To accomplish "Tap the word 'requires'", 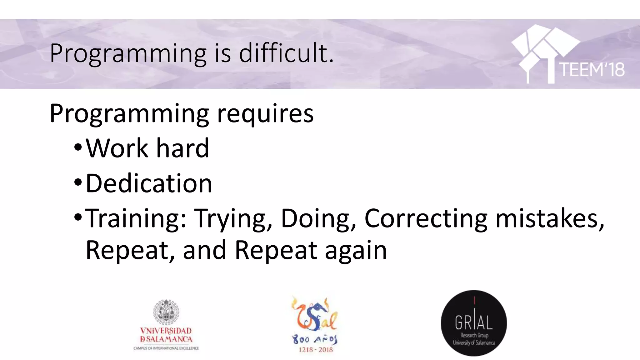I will [x=265, y=113].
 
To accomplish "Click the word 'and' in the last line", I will [x=204, y=250].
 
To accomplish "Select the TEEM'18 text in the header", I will [x=592, y=69].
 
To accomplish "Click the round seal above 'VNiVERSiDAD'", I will [x=166, y=311].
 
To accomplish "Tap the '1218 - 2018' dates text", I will [x=316, y=350].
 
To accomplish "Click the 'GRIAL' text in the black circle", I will [x=473, y=322].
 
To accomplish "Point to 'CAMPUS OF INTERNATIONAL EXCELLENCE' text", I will [x=166, y=348].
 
